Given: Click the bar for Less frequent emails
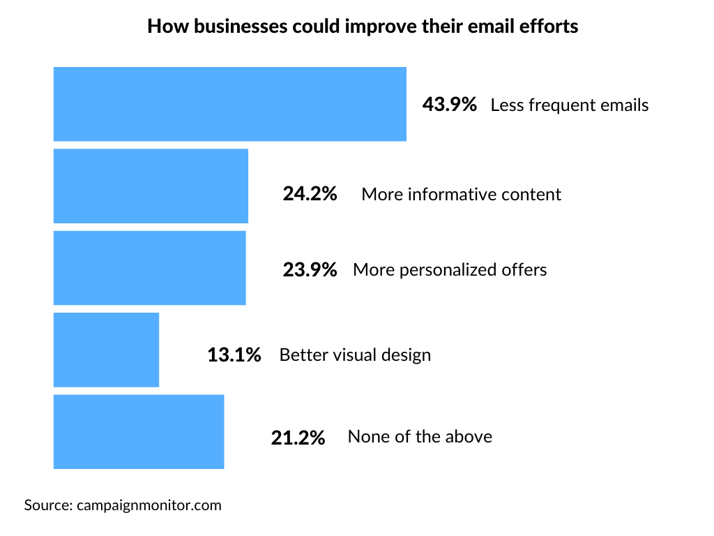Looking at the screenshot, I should [x=229, y=104].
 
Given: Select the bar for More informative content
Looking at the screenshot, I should [x=151, y=186].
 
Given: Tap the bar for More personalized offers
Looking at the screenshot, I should [x=149, y=268].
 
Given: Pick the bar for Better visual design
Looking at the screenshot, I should [x=106, y=350].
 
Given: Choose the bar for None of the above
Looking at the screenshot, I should [x=139, y=431].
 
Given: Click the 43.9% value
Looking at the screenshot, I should [x=450, y=105].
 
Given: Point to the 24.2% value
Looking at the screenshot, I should [x=310, y=193].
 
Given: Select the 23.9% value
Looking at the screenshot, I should [x=310, y=269].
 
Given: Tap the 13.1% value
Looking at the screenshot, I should [x=234, y=355].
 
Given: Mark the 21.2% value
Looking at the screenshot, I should [x=298, y=438].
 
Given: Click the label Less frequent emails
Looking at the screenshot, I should [x=570, y=105].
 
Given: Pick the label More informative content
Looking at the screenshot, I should [x=461, y=194].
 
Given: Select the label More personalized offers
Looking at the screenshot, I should [x=450, y=269].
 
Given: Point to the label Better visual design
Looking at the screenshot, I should [x=355, y=355].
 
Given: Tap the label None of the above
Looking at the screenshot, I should [x=420, y=437].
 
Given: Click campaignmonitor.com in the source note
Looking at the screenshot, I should [x=149, y=505].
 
